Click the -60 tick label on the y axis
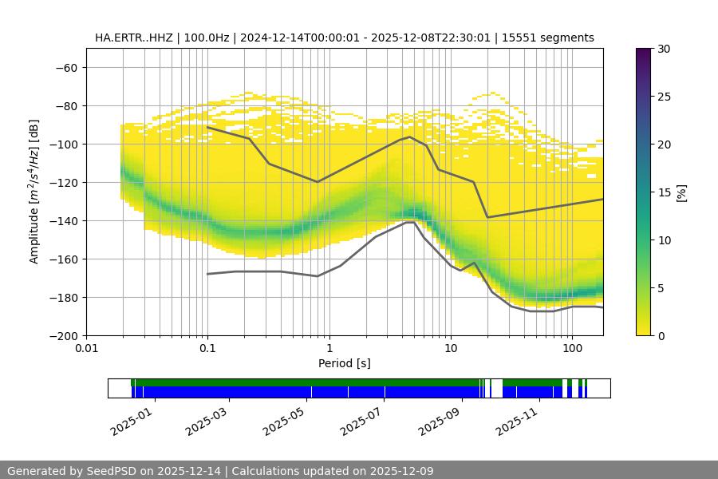click(x=66, y=67)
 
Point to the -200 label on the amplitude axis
click(x=63, y=335)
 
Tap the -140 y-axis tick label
click(x=63, y=220)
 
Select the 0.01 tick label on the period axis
click(x=86, y=349)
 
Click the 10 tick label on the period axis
click(x=451, y=349)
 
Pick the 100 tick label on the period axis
click(x=572, y=349)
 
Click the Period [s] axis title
click(x=344, y=363)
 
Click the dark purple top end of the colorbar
click(x=644, y=51)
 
